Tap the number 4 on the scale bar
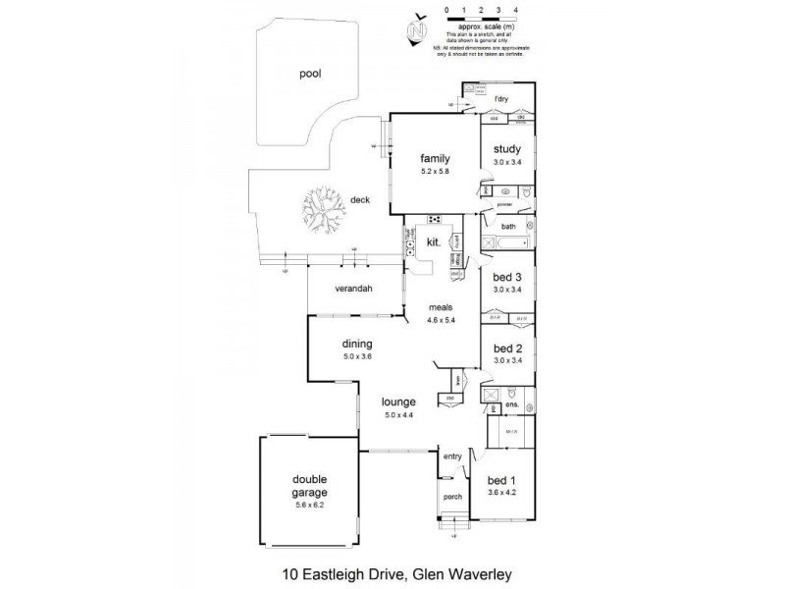pos(514,9)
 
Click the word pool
pos(311,73)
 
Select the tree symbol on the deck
pos(323,207)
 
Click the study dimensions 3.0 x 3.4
pos(508,162)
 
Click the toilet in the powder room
pos(526,194)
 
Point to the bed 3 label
pos(508,277)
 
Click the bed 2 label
pos(508,348)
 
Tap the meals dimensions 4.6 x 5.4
pos(444,320)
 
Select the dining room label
pos(356,344)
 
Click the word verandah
pos(353,290)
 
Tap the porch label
pos(452,496)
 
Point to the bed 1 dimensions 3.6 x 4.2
pos(503,494)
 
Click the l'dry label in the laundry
pos(502,98)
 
